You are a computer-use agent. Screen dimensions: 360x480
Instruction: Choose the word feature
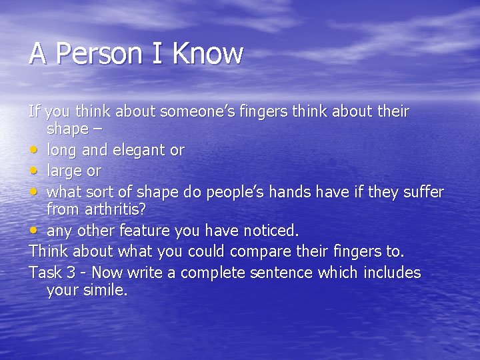pos(145,231)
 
